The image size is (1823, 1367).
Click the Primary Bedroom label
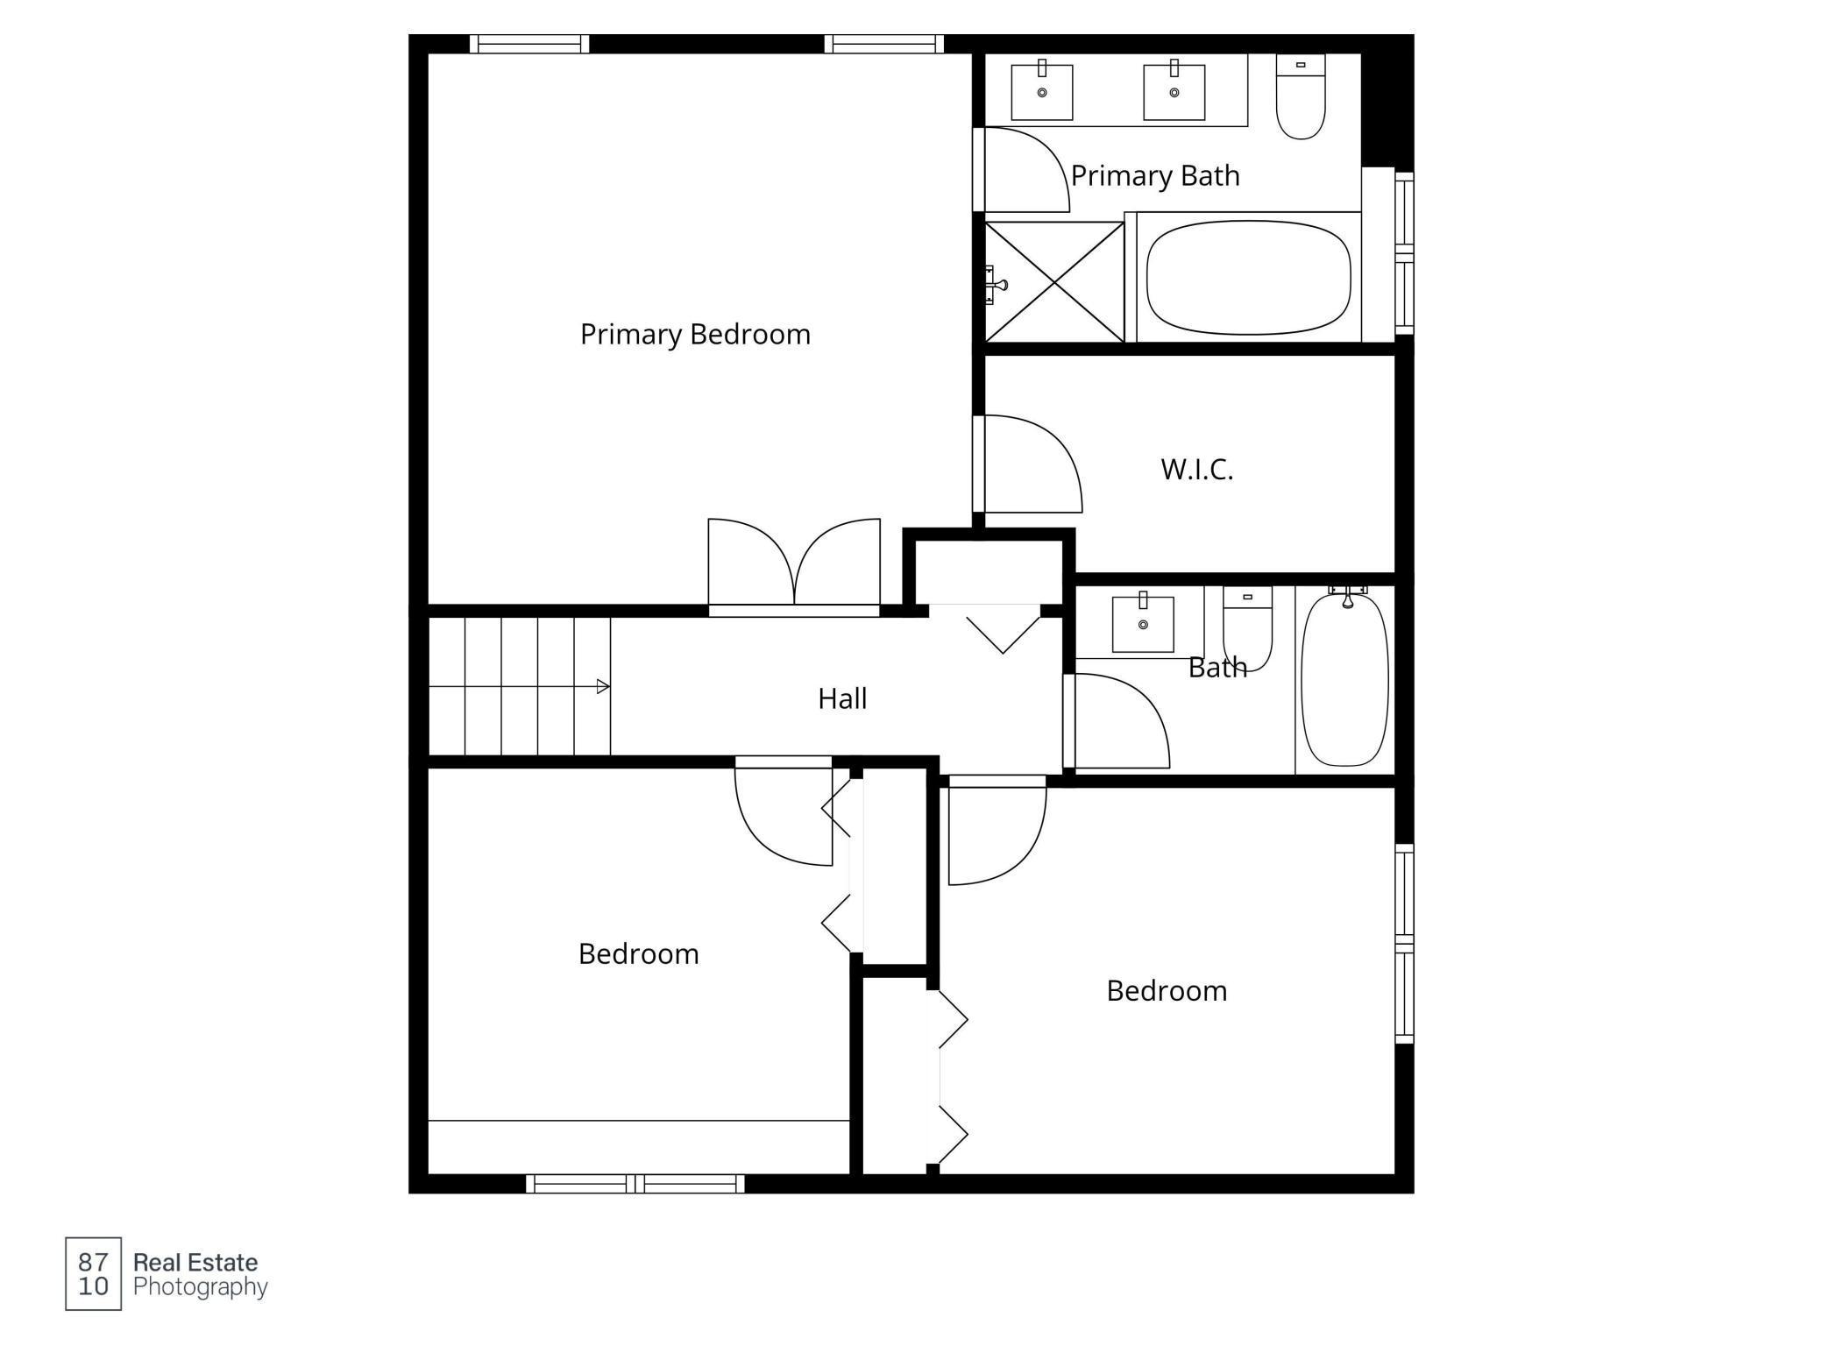click(695, 335)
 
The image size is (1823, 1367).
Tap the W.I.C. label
click(1197, 470)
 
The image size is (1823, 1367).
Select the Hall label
click(842, 698)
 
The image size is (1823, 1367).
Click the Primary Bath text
click(1155, 176)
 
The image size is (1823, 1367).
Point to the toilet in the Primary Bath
click(1301, 96)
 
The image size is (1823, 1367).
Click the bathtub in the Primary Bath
click(1249, 278)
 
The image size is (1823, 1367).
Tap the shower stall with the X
click(1054, 282)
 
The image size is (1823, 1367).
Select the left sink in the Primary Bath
click(1042, 91)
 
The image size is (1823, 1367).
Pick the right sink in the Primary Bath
click(1174, 91)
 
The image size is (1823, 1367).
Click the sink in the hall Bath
click(1143, 623)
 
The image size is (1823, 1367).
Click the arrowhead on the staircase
click(603, 686)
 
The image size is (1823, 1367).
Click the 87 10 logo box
click(93, 1273)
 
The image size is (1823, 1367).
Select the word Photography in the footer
click(201, 1286)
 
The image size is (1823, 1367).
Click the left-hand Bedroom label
click(639, 953)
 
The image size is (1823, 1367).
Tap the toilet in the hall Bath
click(1247, 629)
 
